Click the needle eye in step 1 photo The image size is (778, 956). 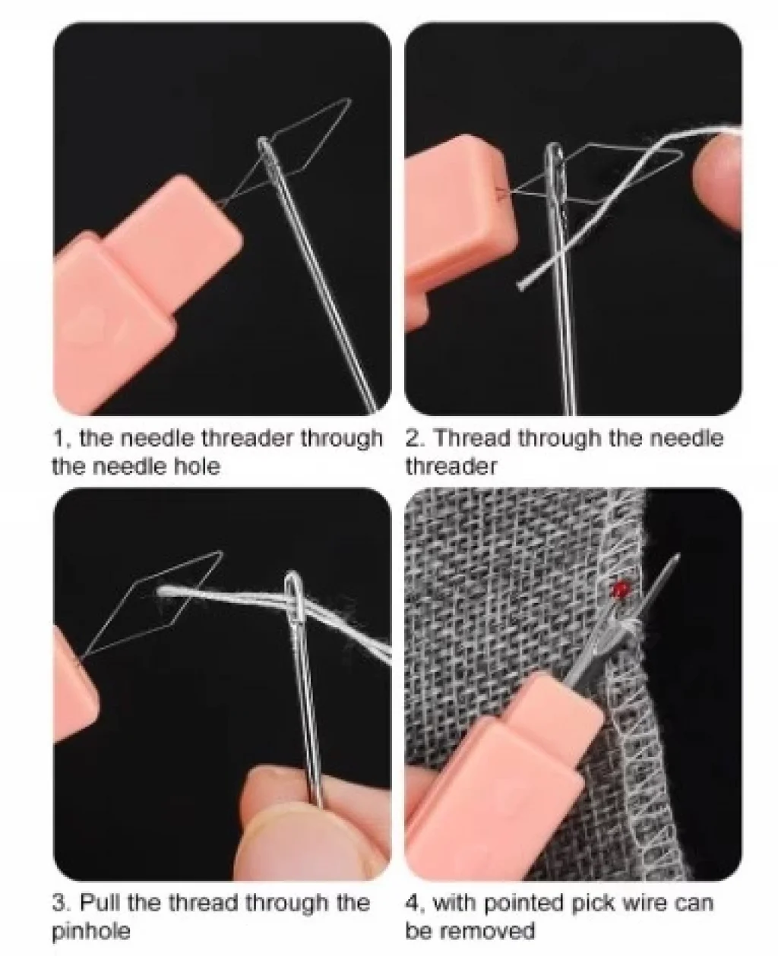(x=268, y=157)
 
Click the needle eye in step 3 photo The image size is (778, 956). (x=293, y=601)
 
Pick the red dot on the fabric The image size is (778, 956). (x=619, y=588)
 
